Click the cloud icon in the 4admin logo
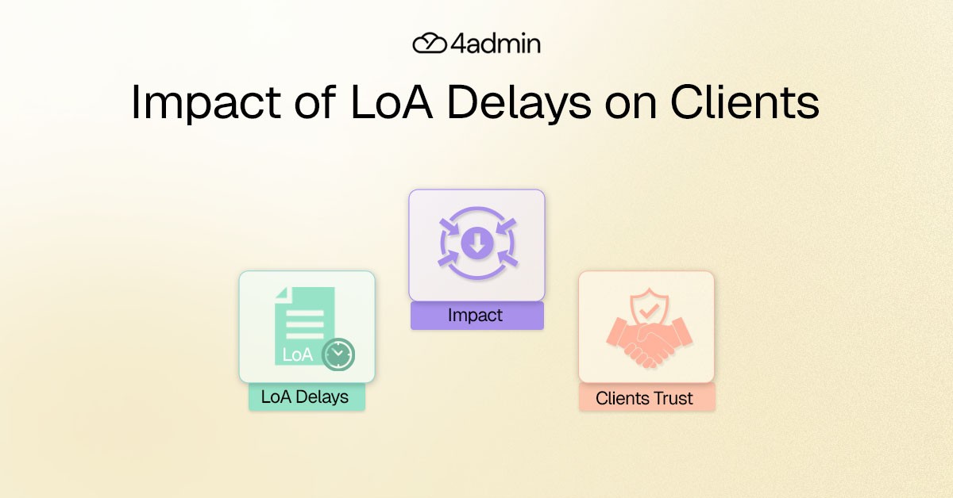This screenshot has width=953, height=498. pos(430,43)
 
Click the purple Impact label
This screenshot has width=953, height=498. pos(476,316)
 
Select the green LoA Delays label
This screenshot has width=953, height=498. pos(306,396)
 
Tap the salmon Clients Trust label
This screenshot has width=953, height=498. pos(646,398)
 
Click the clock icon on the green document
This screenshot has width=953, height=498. pos(339,354)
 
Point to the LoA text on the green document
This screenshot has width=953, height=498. pos(298,354)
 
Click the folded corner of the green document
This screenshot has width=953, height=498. pos(281,293)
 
